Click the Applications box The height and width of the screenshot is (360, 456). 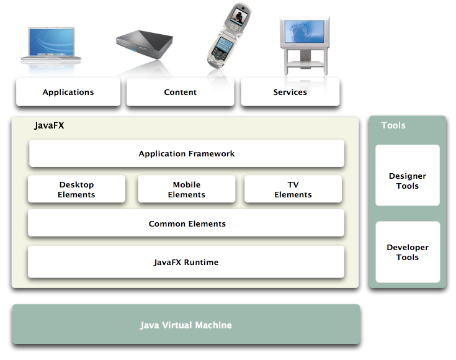(68, 92)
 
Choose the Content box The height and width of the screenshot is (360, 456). (180, 92)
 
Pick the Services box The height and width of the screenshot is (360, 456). (290, 92)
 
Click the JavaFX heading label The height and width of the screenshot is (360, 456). (49, 125)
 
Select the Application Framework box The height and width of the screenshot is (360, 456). (186, 153)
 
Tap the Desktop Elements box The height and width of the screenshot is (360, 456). (76, 189)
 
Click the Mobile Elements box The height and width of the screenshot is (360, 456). (186, 189)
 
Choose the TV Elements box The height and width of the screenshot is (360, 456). (293, 189)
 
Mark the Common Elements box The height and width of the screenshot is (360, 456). (186, 223)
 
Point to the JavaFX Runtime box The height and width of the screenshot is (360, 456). (186, 262)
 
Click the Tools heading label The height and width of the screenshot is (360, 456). (393, 125)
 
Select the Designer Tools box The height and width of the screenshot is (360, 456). (408, 181)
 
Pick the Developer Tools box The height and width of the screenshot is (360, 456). (408, 252)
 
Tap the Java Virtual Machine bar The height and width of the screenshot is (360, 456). (186, 325)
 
